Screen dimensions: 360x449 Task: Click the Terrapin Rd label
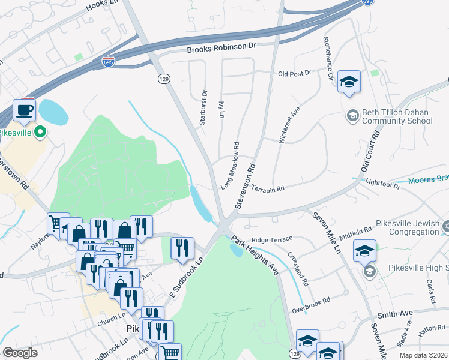coord(267,188)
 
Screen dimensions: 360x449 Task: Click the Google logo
coord(20,353)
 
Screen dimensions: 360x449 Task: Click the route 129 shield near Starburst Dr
coord(163,79)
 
